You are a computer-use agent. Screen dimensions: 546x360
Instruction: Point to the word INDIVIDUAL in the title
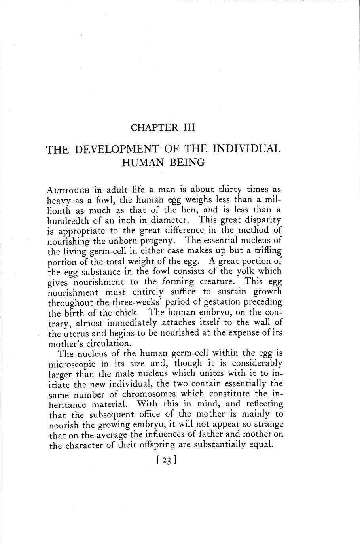pyautogui.click(x=246, y=149)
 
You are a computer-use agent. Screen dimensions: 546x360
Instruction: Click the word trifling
pyautogui.click(x=267, y=250)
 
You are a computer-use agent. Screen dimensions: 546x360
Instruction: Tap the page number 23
pyautogui.click(x=166, y=461)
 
